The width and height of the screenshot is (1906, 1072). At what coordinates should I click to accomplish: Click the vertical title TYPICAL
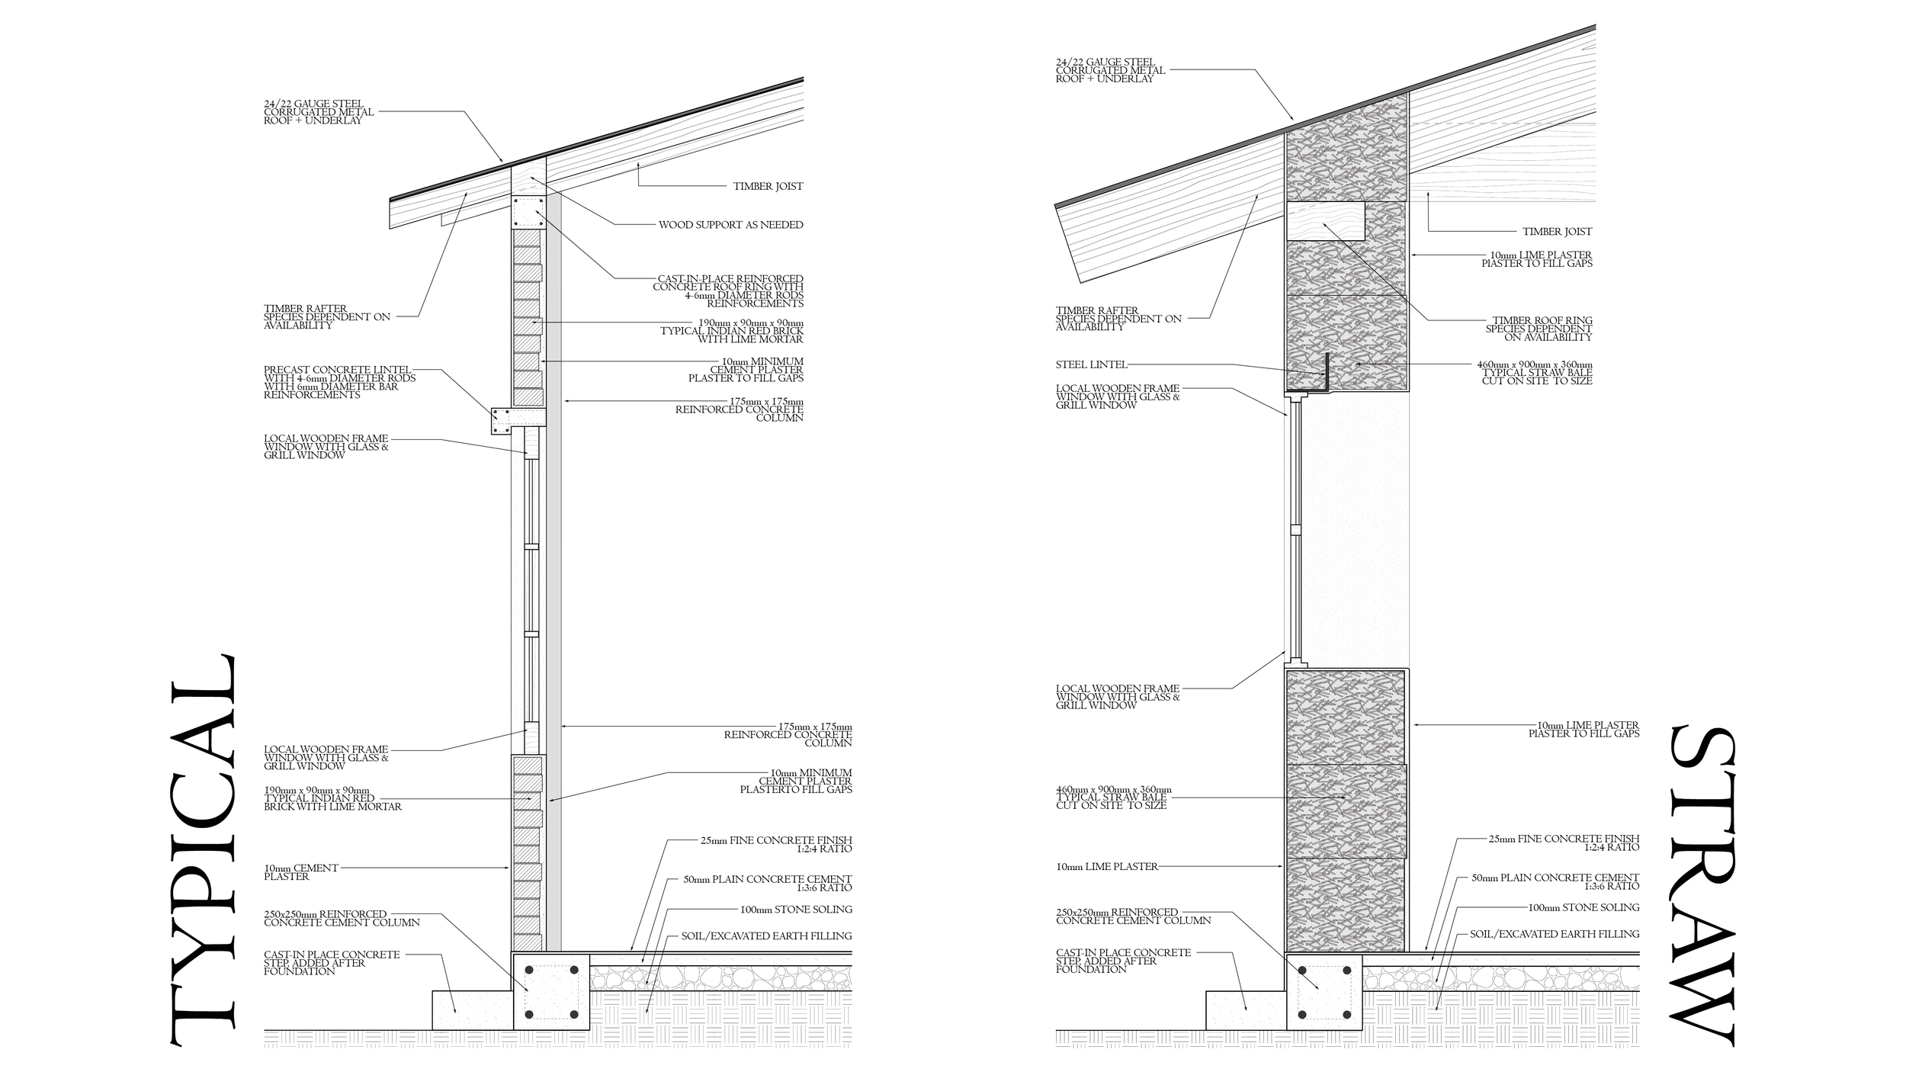pyautogui.click(x=201, y=850)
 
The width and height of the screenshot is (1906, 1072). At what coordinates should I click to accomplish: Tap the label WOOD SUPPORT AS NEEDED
pyautogui.click(x=730, y=225)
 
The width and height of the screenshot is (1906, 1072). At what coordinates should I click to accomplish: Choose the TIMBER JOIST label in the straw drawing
pyautogui.click(x=1557, y=231)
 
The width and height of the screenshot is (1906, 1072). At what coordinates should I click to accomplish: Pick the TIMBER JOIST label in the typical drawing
pyautogui.click(x=768, y=186)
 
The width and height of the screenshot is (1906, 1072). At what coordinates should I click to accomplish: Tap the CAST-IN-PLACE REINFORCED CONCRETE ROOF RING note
pyautogui.click(x=728, y=291)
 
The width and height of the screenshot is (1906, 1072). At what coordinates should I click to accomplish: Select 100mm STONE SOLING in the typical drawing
pyautogui.click(x=795, y=910)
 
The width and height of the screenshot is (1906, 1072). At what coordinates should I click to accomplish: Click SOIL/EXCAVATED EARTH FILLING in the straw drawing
pyautogui.click(x=1554, y=934)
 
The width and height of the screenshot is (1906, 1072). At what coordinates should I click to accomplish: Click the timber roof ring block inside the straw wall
pyautogui.click(x=1324, y=220)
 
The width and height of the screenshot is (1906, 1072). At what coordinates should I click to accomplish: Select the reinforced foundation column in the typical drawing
pyautogui.click(x=550, y=991)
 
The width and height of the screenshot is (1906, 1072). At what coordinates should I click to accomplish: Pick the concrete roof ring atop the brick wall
pyautogui.click(x=528, y=213)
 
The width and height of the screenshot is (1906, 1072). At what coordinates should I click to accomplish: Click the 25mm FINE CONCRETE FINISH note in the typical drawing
pyautogui.click(x=775, y=844)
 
